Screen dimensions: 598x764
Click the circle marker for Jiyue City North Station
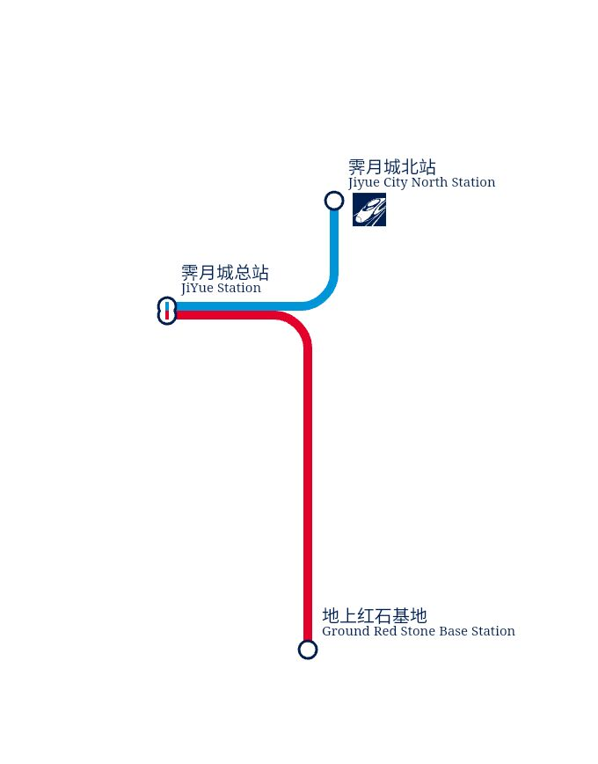pyautogui.click(x=334, y=201)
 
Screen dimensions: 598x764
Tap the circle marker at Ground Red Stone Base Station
pyautogui.click(x=308, y=650)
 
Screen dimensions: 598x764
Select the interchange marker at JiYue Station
pyautogui.click(x=167, y=311)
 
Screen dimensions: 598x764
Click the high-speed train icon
pyautogui.click(x=369, y=209)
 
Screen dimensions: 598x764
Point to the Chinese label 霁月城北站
pyautogui.click(x=392, y=167)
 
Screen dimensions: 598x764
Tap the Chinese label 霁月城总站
pyautogui.click(x=225, y=273)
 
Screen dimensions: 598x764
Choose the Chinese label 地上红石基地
pyautogui.click(x=375, y=616)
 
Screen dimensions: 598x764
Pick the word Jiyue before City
pyautogui.click(x=364, y=183)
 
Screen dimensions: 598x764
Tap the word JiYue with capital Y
pyautogui.click(x=197, y=289)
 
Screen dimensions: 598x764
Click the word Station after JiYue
pyautogui.click(x=238, y=288)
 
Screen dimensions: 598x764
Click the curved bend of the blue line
pyautogui.click(x=325, y=298)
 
